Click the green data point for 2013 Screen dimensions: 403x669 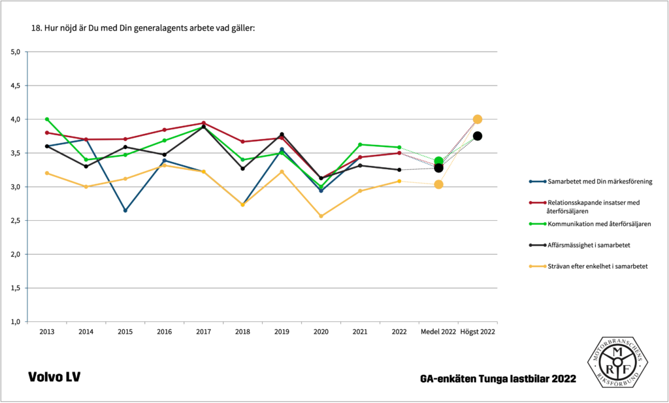coord(47,120)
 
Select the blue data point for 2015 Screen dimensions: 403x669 coord(125,210)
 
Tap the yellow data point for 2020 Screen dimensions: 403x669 coord(321,216)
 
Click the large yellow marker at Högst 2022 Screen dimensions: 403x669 coord(478,120)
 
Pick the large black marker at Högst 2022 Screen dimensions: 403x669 coord(478,136)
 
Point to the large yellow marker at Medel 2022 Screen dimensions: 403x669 coord(438,184)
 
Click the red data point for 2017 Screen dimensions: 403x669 coord(204,123)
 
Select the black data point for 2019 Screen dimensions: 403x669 coord(282,134)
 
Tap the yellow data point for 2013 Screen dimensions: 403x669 coord(47,173)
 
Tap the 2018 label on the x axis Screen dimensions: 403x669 coord(242,332)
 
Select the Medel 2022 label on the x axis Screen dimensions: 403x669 coord(438,332)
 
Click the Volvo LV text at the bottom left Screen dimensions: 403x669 coord(54,378)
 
